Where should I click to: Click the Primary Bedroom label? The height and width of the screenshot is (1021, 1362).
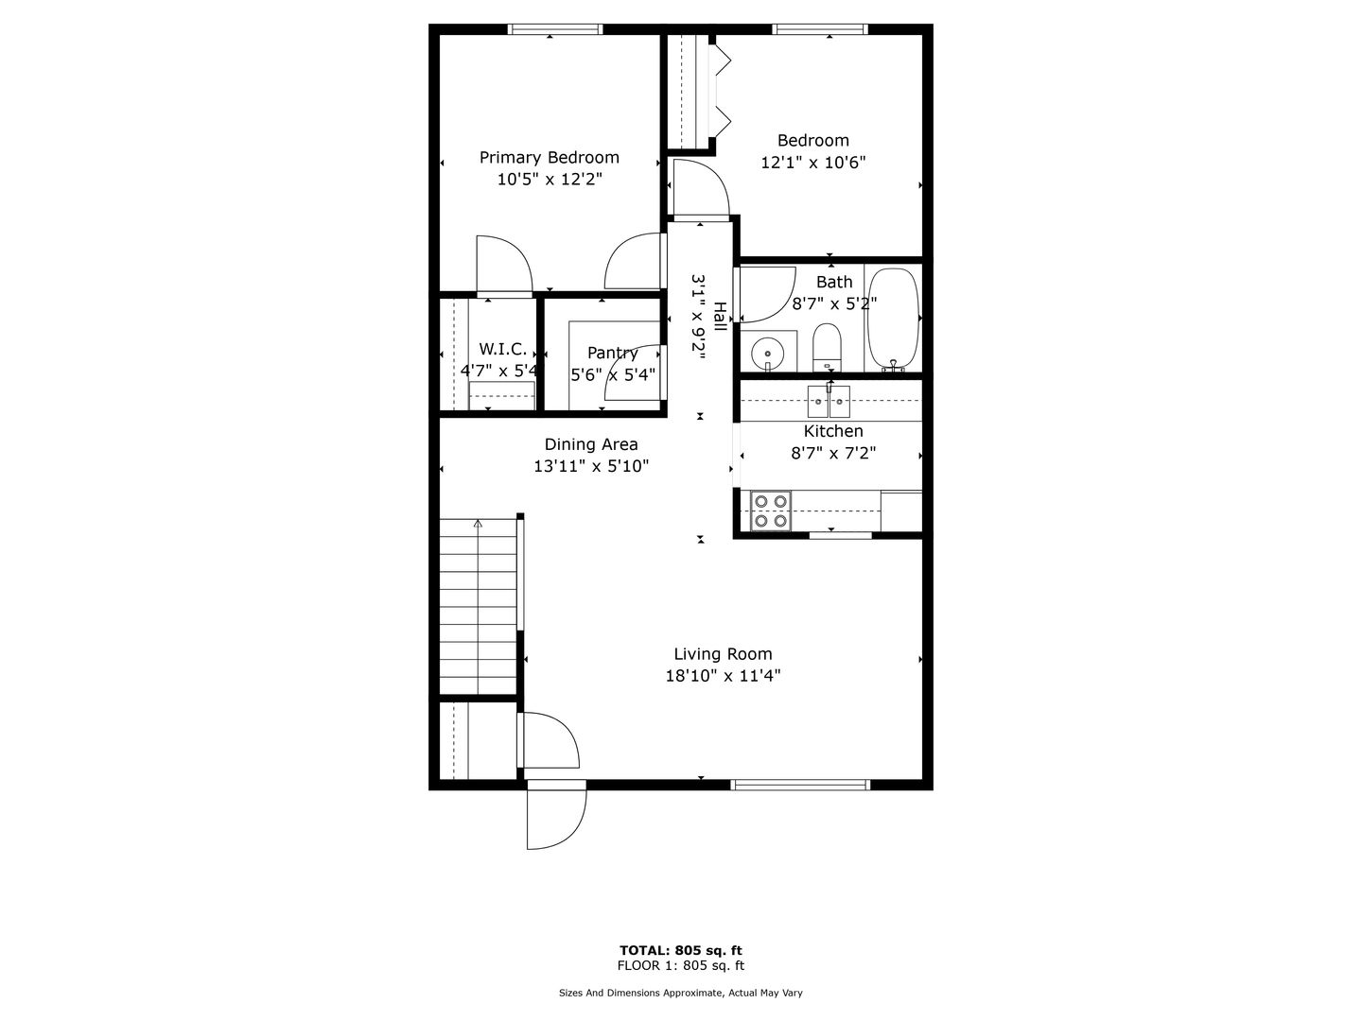point(550,158)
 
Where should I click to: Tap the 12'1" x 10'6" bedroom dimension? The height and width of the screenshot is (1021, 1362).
point(812,163)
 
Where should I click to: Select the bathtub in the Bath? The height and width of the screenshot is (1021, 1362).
point(892,320)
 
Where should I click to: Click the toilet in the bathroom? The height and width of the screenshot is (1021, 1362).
point(827,347)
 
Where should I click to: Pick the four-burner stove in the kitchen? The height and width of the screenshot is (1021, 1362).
point(771,510)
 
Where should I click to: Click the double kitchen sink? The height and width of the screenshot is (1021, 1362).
point(829,401)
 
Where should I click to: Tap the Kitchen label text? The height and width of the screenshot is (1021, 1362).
point(832,431)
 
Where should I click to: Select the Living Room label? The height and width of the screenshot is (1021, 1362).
point(723,654)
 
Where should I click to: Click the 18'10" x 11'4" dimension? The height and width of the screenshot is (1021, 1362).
point(723,676)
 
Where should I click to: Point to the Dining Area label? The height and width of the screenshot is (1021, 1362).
point(591,444)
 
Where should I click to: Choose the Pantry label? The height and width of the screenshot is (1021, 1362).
point(613,353)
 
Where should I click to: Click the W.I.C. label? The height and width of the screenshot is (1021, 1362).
point(502,349)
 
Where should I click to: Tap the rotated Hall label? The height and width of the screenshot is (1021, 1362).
point(719,316)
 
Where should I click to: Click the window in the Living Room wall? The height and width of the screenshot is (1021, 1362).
point(800,785)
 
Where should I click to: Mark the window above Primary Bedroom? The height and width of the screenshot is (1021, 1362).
point(555,29)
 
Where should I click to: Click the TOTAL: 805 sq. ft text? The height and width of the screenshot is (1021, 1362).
point(681,950)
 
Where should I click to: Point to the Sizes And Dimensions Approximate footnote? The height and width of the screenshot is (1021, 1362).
point(681,993)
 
